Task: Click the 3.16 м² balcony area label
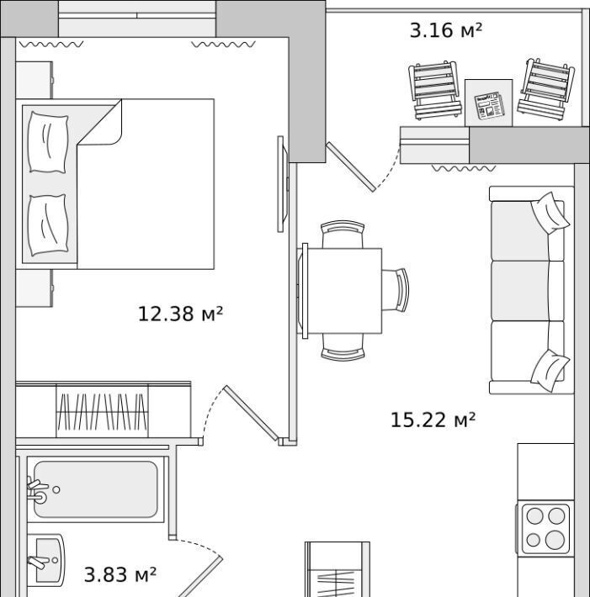445,30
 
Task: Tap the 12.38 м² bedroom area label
180,314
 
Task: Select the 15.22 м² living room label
433,420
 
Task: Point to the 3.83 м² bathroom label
120,574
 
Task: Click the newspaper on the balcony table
489,105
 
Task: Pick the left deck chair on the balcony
433,90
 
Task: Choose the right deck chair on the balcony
546,89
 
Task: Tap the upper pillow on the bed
48,142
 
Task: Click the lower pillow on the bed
48,225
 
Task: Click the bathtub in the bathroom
95,489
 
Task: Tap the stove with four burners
545,529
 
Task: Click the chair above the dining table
343,234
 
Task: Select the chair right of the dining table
396,290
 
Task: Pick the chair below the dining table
343,347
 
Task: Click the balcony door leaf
351,166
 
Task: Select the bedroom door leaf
251,413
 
